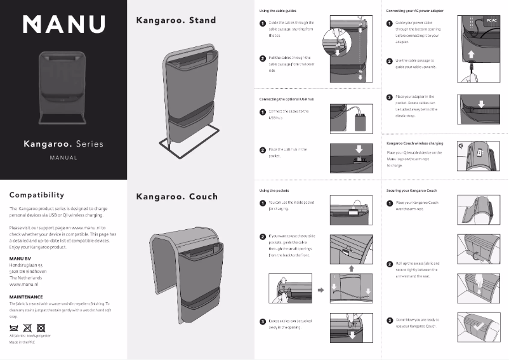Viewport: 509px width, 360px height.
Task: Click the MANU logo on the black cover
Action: [63, 24]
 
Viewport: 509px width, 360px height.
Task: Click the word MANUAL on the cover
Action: [63, 157]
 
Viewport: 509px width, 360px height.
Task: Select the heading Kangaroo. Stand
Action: [176, 20]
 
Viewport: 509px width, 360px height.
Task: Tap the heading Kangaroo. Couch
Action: [176, 196]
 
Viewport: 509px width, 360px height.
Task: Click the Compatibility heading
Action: [46, 195]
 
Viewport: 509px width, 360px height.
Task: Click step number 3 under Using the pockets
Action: [263, 322]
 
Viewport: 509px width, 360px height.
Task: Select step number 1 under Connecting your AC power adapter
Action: [389, 23]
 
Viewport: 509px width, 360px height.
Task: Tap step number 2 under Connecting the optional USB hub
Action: [263, 150]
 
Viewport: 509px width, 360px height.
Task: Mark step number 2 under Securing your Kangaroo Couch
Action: [389, 263]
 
